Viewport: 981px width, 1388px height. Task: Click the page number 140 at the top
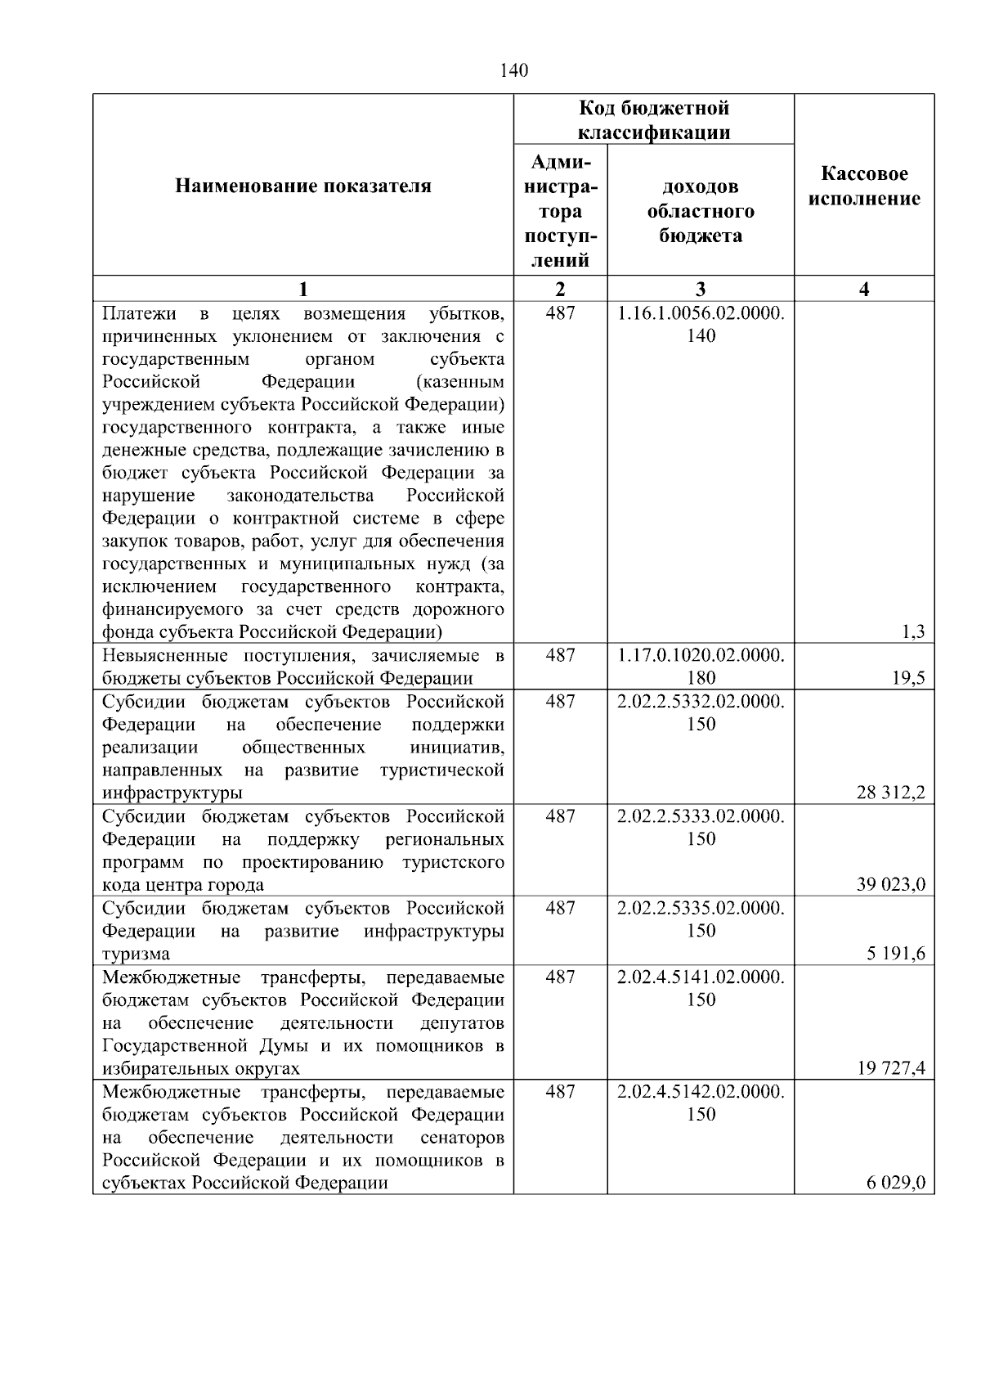pos(514,70)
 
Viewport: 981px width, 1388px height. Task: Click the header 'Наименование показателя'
pos(303,186)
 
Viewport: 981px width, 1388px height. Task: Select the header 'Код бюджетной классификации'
pos(654,119)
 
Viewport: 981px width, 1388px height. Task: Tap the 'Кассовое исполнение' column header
pos(864,186)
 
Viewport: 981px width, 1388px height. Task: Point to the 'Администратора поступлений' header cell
pos(560,211)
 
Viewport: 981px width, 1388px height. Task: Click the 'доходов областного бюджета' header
pos(701,211)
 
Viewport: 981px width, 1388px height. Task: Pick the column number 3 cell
pos(701,289)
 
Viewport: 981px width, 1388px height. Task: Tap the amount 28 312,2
pos(890,792)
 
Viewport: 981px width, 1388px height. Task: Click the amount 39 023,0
pos(890,884)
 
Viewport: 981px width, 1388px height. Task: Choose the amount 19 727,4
pos(890,1067)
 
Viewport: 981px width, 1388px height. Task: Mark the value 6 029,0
pos(896,1183)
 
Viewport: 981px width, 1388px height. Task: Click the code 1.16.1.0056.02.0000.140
pos(701,324)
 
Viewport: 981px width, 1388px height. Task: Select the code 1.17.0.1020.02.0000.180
pos(701,666)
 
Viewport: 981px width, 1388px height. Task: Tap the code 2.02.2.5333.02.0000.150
pos(701,827)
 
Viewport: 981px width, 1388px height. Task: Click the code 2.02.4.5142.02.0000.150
pos(701,1103)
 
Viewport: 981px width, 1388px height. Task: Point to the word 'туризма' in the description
pos(136,954)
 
